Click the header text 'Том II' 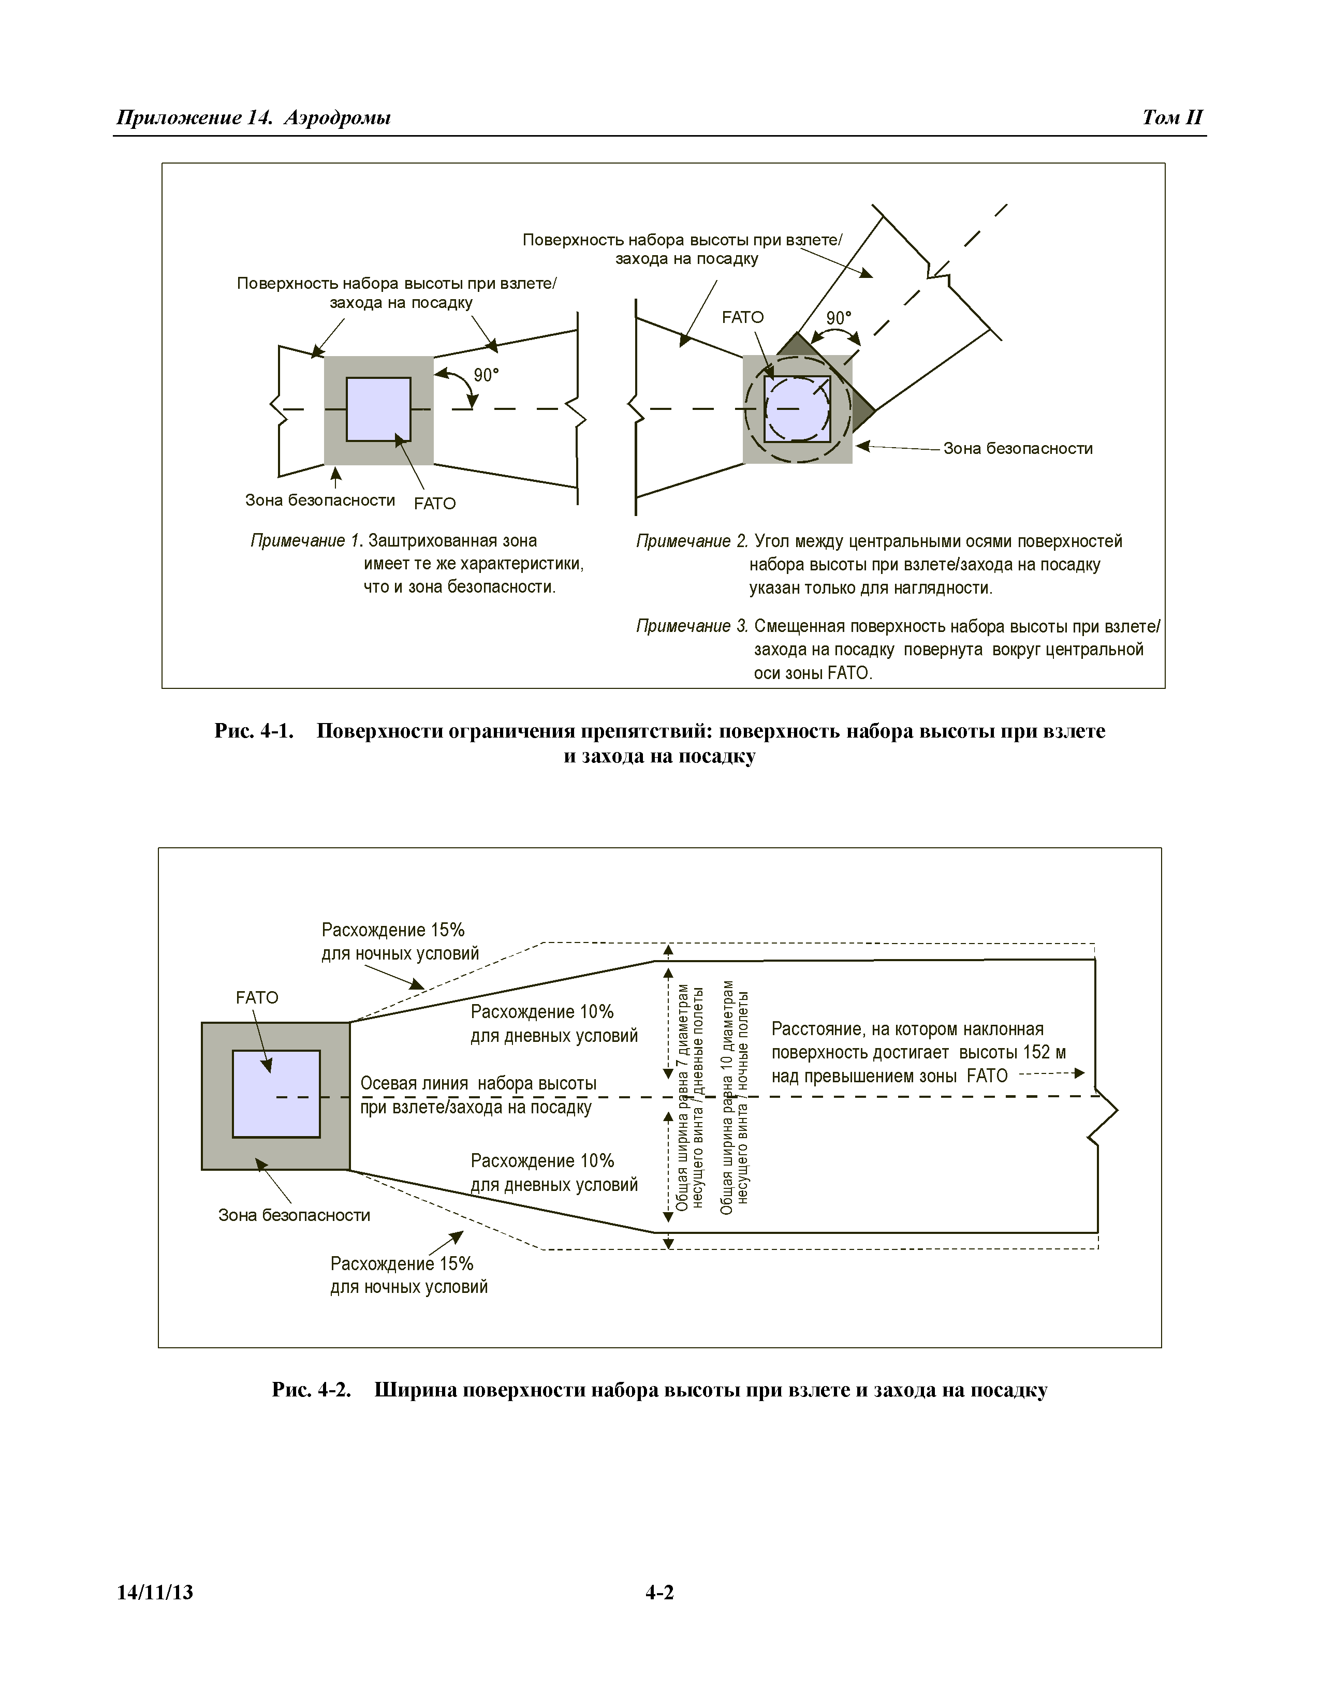[x=1171, y=117]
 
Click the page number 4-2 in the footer [x=659, y=1592]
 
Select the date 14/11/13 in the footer [x=155, y=1592]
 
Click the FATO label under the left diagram [x=435, y=504]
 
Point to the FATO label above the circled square [x=742, y=317]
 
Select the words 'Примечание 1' [x=306, y=541]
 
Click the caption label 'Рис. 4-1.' [x=254, y=731]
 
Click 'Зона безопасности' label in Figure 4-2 [x=294, y=1215]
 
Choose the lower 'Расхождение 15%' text [x=402, y=1264]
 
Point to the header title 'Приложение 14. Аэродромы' [x=253, y=117]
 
